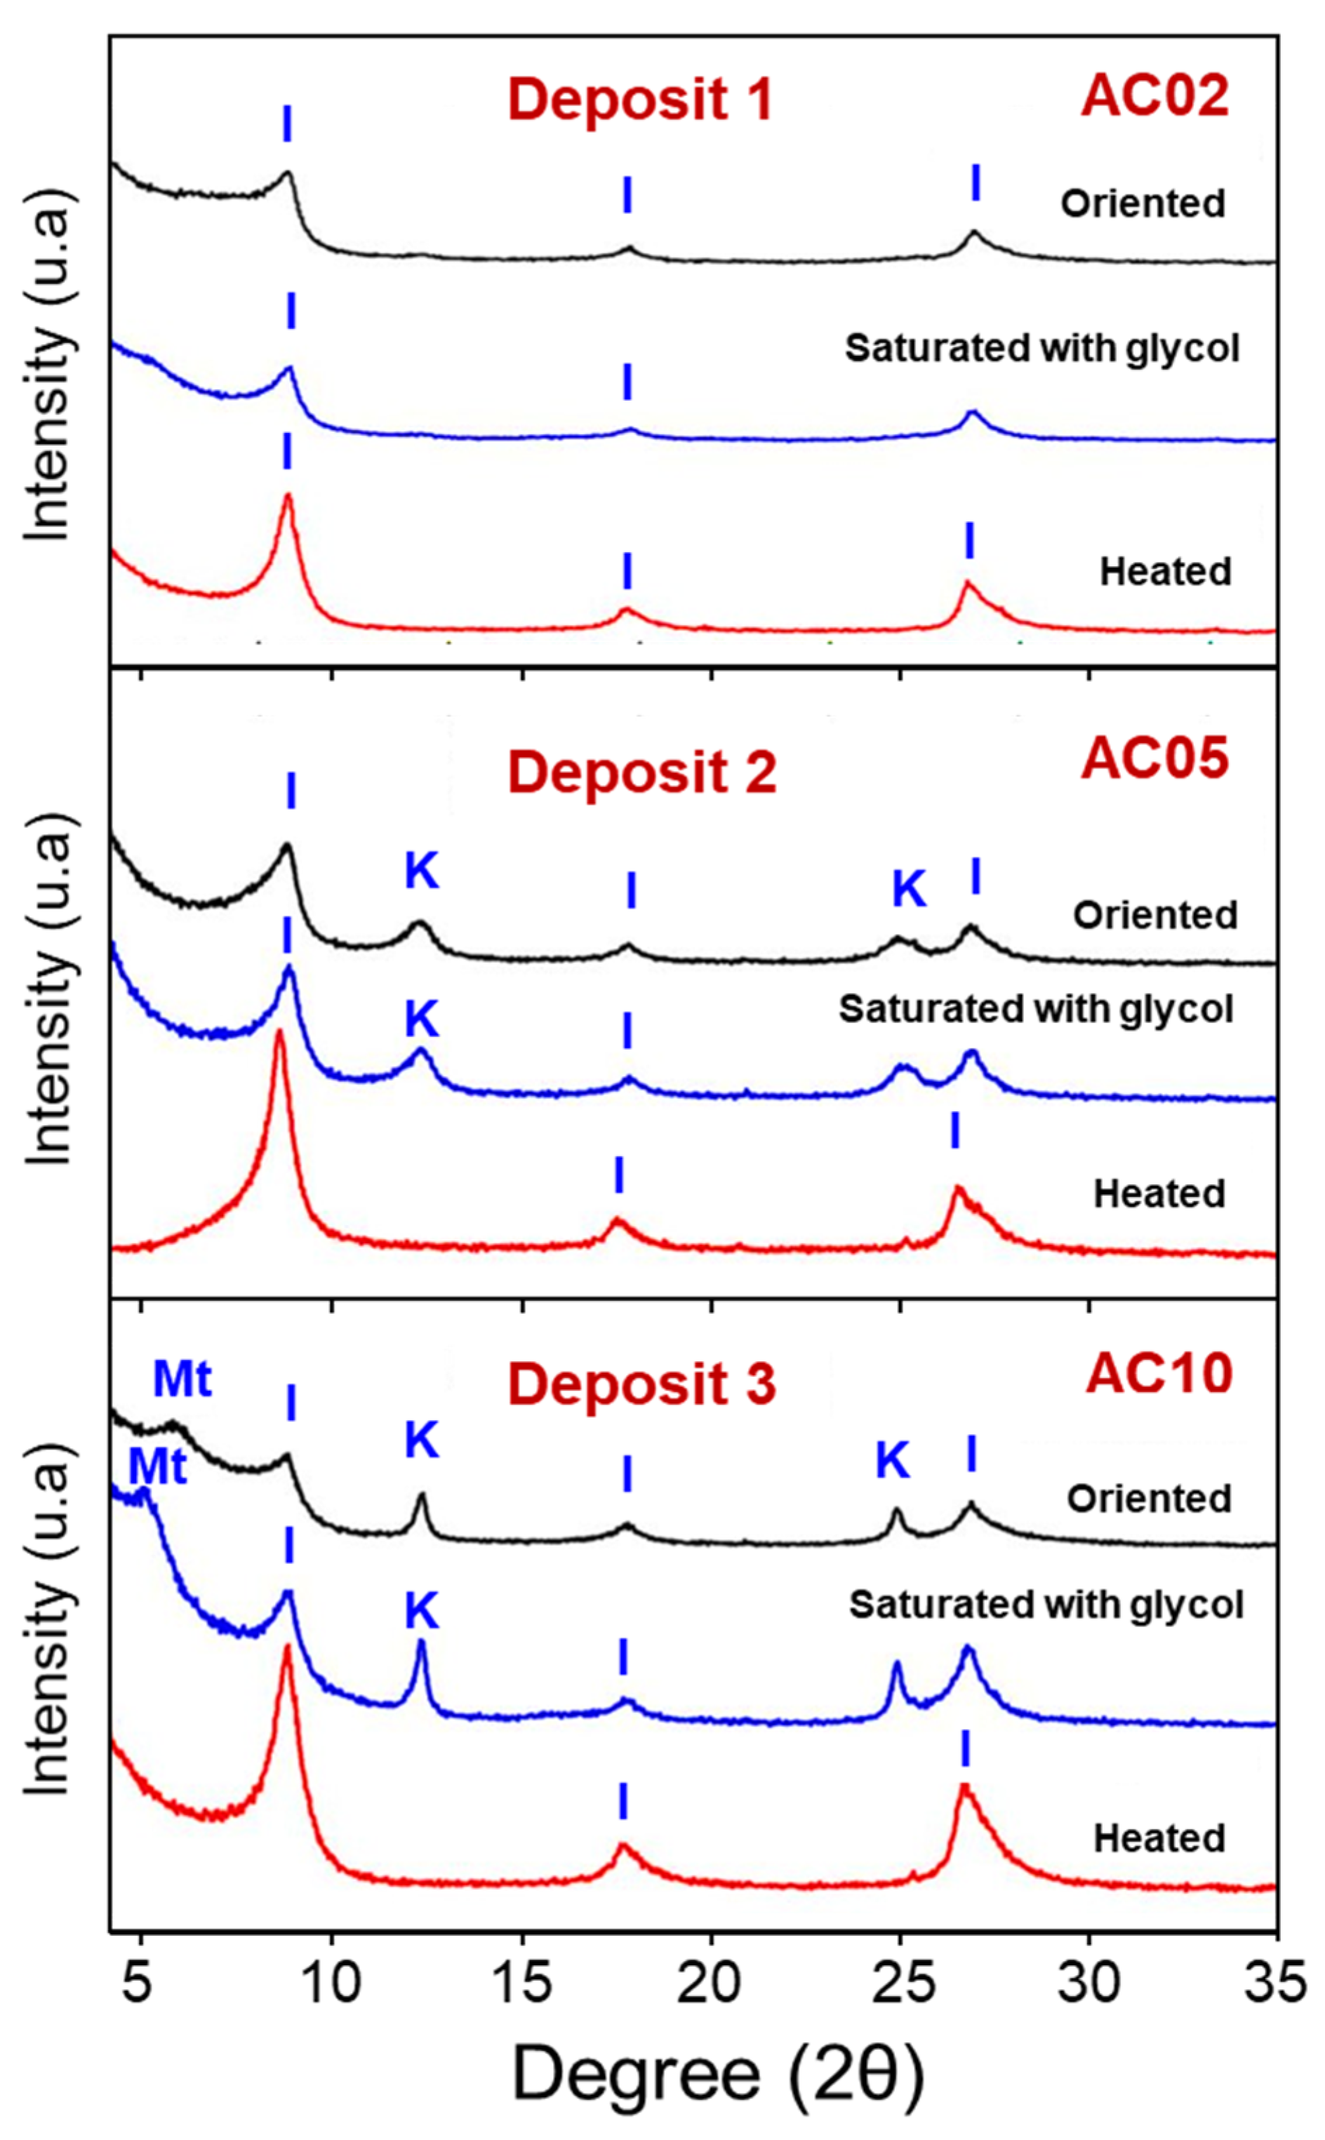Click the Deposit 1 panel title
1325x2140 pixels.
pos(641,99)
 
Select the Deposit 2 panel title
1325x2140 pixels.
pos(642,773)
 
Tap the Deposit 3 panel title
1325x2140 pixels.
pos(642,1384)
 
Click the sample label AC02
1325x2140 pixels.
pos(1155,95)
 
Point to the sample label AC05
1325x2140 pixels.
pos(1155,758)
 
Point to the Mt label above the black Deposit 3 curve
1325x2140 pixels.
pos(182,1379)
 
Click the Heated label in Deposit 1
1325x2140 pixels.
pos(1166,572)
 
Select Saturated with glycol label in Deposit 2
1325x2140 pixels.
pos(1036,1009)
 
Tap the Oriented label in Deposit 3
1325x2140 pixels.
pos(1149,1499)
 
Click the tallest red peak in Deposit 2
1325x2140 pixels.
pos(279,1034)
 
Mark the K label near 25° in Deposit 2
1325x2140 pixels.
pos(909,889)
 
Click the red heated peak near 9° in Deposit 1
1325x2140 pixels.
pos(286,497)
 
